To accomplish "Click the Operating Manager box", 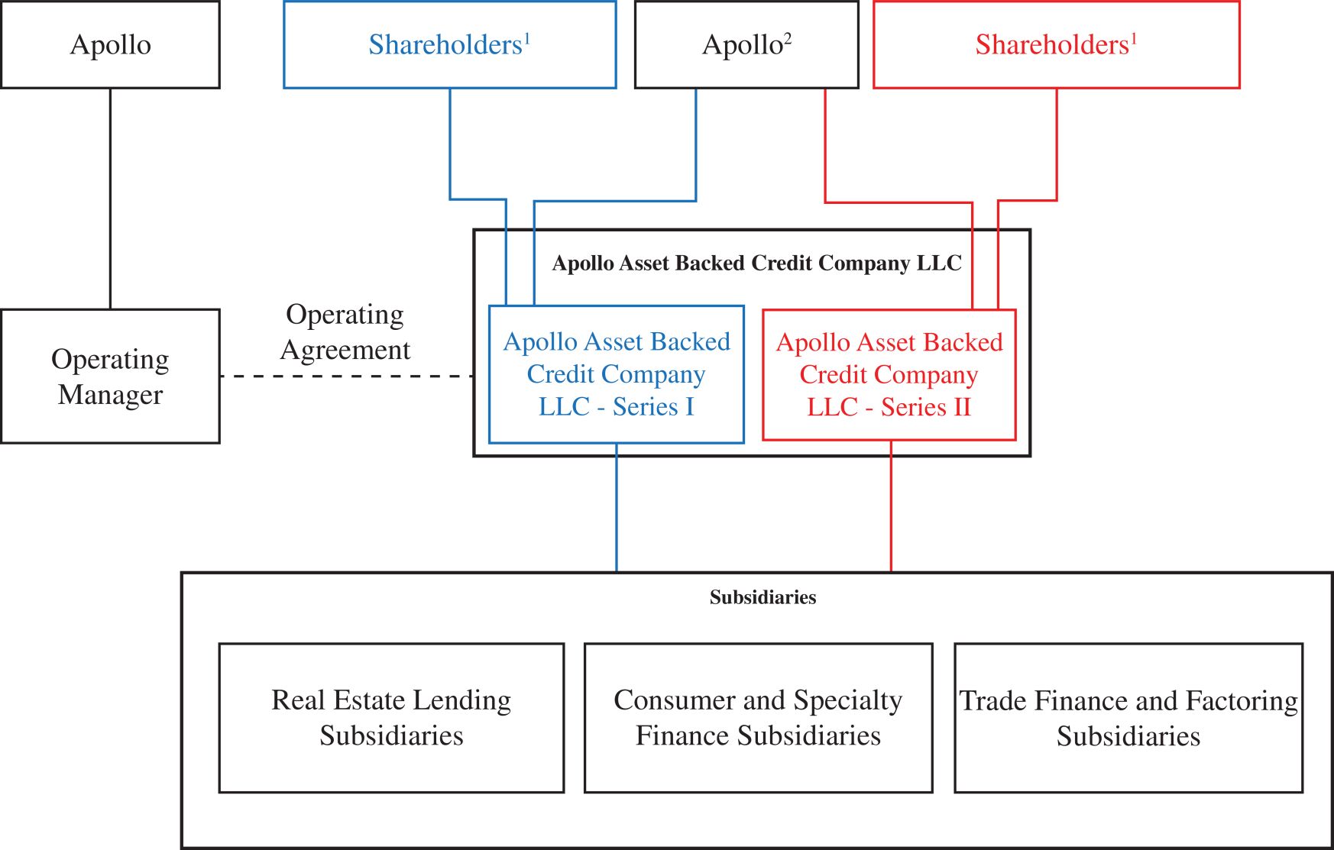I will coord(110,376).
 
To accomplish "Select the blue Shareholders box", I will coord(449,44).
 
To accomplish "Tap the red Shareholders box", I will coord(1056,44).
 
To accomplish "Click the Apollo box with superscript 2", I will coord(746,44).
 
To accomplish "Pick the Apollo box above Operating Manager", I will coord(110,44).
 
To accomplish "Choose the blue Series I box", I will coord(616,374).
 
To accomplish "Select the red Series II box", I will coord(889,374).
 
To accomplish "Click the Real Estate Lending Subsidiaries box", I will coord(391,718).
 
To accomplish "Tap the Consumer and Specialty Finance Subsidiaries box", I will coord(758,718).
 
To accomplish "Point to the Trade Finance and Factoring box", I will coord(1128,718).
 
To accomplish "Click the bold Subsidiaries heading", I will coord(763,597).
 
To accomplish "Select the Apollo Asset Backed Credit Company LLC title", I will coord(756,263).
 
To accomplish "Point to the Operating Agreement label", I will coord(345,332).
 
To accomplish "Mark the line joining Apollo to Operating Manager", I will coord(110,199).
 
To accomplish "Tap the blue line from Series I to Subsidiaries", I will coord(617,508).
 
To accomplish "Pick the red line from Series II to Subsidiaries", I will coord(891,508).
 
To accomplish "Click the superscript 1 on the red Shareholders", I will coord(1134,37).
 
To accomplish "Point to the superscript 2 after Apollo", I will coord(788,37).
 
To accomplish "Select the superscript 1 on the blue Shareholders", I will coord(527,37).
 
